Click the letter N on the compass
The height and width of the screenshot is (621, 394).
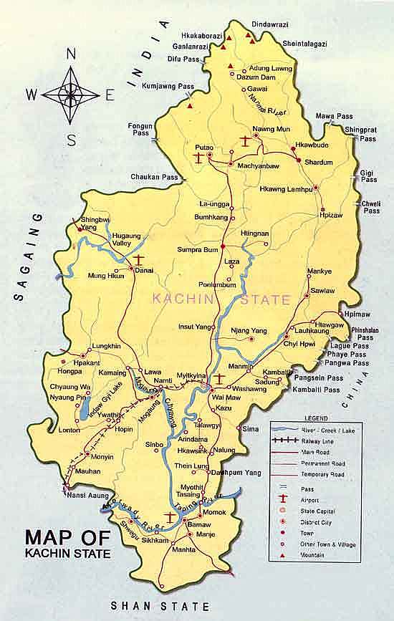pyautogui.click(x=70, y=54)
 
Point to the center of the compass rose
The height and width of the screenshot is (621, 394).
pyautogui.click(x=70, y=93)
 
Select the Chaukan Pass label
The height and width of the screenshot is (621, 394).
pyautogui.click(x=153, y=177)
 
